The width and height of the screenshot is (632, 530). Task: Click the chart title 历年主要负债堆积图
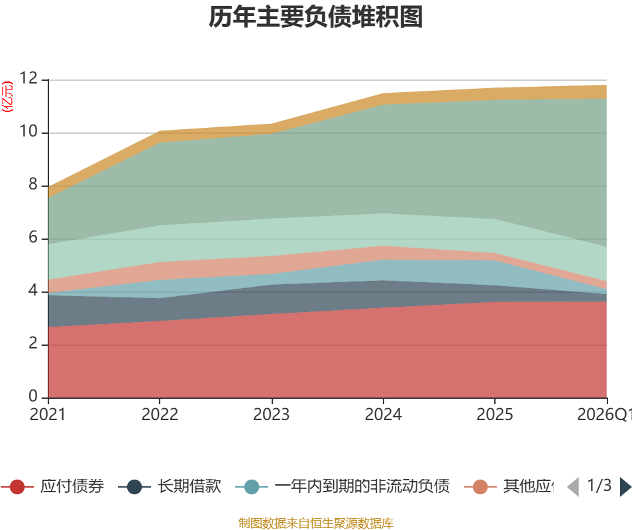pos(316,18)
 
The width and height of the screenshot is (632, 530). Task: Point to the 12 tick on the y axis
pos(28,79)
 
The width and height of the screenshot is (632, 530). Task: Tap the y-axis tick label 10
pos(28,132)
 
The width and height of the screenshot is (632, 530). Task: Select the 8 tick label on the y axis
pos(33,185)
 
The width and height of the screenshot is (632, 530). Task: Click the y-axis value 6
pos(33,238)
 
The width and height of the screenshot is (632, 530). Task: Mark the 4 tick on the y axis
pos(33,291)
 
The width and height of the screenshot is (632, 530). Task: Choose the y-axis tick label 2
pos(33,344)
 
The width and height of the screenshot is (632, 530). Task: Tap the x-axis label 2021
pos(48,415)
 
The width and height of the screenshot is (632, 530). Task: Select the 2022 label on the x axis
pos(160,415)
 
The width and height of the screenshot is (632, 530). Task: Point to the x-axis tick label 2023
pos(272,415)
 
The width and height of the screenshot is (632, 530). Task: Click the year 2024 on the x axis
pos(384,415)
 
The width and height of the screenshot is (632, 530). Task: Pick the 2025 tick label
pos(495,415)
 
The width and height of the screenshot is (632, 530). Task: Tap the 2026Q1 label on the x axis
pos(604,415)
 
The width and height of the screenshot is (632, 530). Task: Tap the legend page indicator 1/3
pos(599,486)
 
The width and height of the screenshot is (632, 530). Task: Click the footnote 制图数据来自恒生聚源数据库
pos(316,523)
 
